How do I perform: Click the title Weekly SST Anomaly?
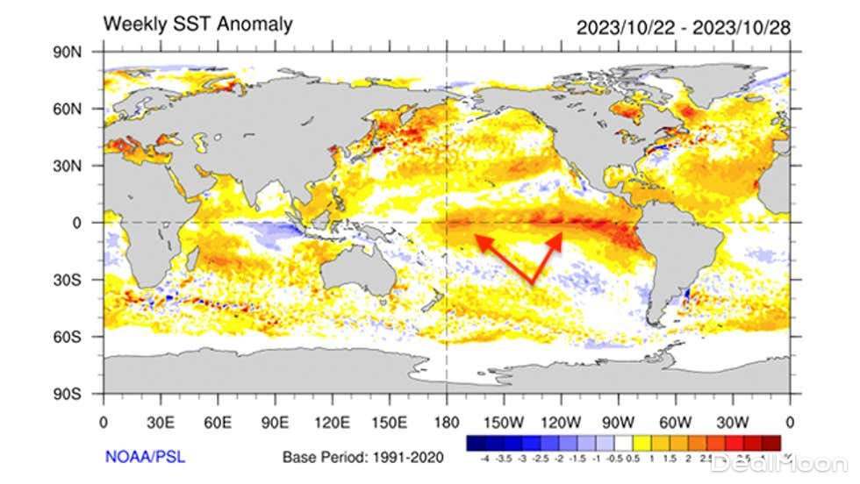click(x=197, y=24)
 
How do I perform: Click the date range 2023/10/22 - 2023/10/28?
click(x=684, y=27)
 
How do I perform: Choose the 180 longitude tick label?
click(x=447, y=420)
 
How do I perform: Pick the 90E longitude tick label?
click(x=276, y=420)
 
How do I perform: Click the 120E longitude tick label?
click(x=333, y=420)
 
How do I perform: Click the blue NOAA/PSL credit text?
click(x=145, y=456)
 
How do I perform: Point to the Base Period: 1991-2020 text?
click(x=363, y=457)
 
